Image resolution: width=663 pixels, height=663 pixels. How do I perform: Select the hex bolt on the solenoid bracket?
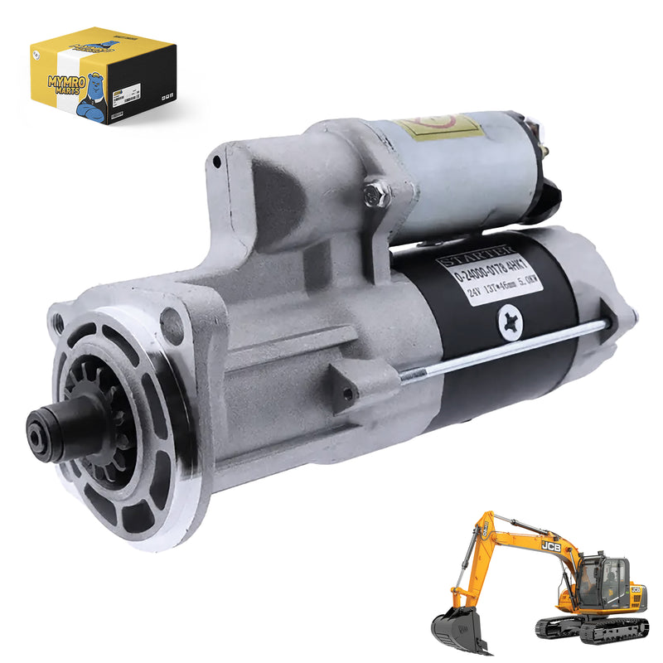[377, 193]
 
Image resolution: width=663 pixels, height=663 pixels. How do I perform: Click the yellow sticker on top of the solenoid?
[438, 126]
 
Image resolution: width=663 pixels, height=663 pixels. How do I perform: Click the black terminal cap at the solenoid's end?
[548, 195]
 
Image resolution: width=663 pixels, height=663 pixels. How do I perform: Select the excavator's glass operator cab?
[603, 576]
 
